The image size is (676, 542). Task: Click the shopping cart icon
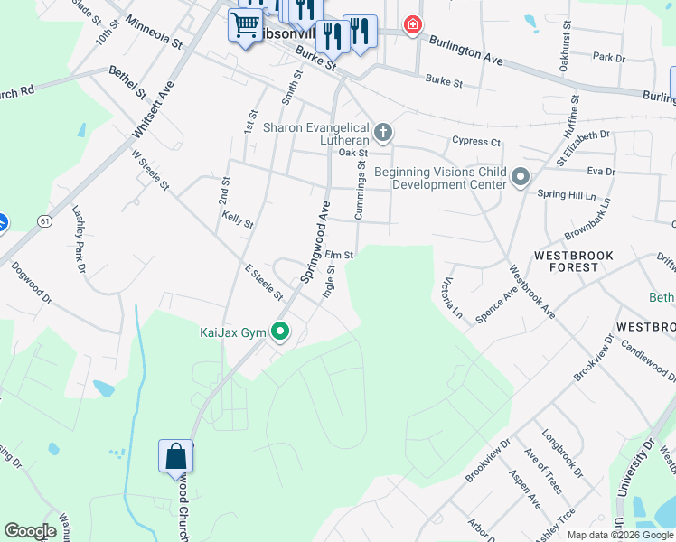[244, 25]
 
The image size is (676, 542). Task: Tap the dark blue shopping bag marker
[175, 457]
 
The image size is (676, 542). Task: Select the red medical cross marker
[413, 24]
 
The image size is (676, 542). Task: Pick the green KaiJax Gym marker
[280, 332]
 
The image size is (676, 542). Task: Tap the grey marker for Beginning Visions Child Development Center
[520, 176]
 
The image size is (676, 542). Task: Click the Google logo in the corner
[30, 531]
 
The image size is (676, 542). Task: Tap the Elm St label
[338, 256]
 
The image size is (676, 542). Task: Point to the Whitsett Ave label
[151, 110]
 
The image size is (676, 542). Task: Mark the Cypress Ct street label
[475, 142]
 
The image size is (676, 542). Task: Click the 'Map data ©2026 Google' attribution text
[619, 534]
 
